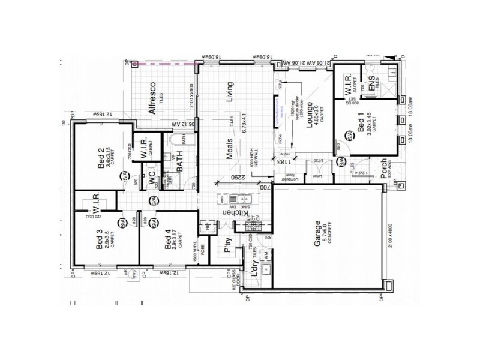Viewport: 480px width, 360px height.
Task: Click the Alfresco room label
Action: tap(153, 98)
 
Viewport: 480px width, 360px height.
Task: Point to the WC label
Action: tap(152, 180)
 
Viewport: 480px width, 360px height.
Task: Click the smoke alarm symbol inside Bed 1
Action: tap(341, 163)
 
